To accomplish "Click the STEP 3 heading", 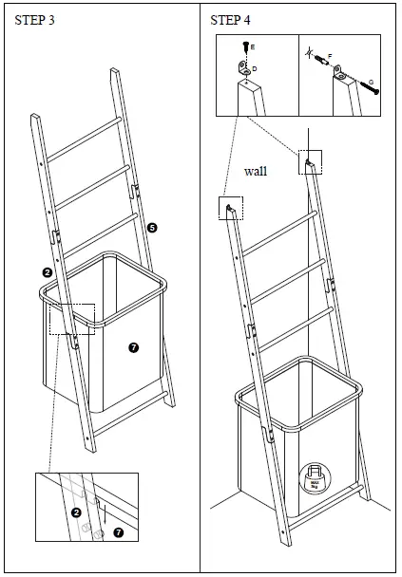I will [x=34, y=20].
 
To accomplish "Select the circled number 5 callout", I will [x=152, y=227].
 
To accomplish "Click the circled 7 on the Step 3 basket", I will [x=133, y=348].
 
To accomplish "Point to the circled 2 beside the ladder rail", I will [x=47, y=272].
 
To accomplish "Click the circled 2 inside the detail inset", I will [x=75, y=512].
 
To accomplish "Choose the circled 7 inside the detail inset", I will [x=119, y=532].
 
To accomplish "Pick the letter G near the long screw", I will [x=370, y=82].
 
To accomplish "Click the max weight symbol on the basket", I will [x=315, y=476].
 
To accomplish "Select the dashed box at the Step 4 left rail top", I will [x=230, y=208].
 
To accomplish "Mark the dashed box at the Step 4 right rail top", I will [x=309, y=162].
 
